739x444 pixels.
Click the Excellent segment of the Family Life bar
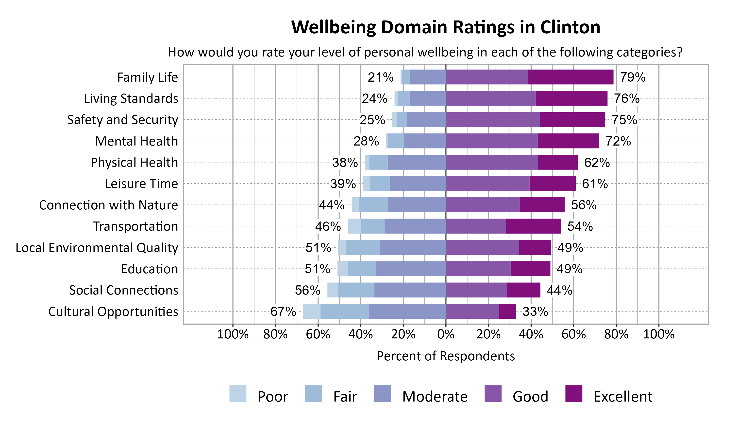tap(570, 77)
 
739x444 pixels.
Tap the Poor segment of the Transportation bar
tap(354, 226)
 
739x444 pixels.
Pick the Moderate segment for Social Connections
tap(410, 290)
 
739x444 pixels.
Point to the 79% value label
tap(633, 77)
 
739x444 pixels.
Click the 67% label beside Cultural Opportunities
tap(283, 312)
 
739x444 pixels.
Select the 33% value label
tap(535, 312)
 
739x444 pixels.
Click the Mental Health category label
tap(136, 141)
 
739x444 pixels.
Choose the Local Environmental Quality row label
tap(97, 248)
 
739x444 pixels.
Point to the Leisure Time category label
tap(141, 184)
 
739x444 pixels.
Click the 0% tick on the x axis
tap(446, 334)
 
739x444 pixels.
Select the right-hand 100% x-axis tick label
tap(659, 334)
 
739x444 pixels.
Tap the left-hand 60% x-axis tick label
tap(318, 334)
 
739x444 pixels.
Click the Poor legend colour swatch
tap(238, 394)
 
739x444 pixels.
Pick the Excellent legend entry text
tap(623, 396)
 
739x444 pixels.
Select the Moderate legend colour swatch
tap(382, 394)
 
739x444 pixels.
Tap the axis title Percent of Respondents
tap(446, 356)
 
